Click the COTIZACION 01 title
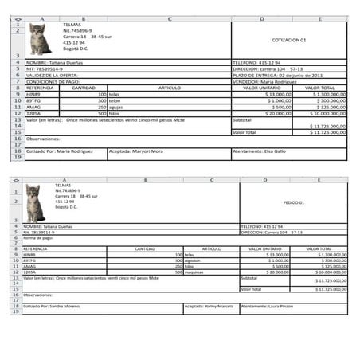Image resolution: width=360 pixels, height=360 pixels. [x=288, y=39]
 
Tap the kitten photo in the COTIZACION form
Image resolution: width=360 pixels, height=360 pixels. [x=39, y=38]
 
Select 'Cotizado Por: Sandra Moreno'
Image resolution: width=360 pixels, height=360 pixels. [x=49, y=306]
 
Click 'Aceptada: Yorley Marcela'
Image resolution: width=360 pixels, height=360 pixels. [x=209, y=306]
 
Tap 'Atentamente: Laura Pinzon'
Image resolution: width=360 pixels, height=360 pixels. [x=267, y=306]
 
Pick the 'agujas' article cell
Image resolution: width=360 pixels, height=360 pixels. [x=118, y=107]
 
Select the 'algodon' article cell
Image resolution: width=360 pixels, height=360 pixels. [x=195, y=260]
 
